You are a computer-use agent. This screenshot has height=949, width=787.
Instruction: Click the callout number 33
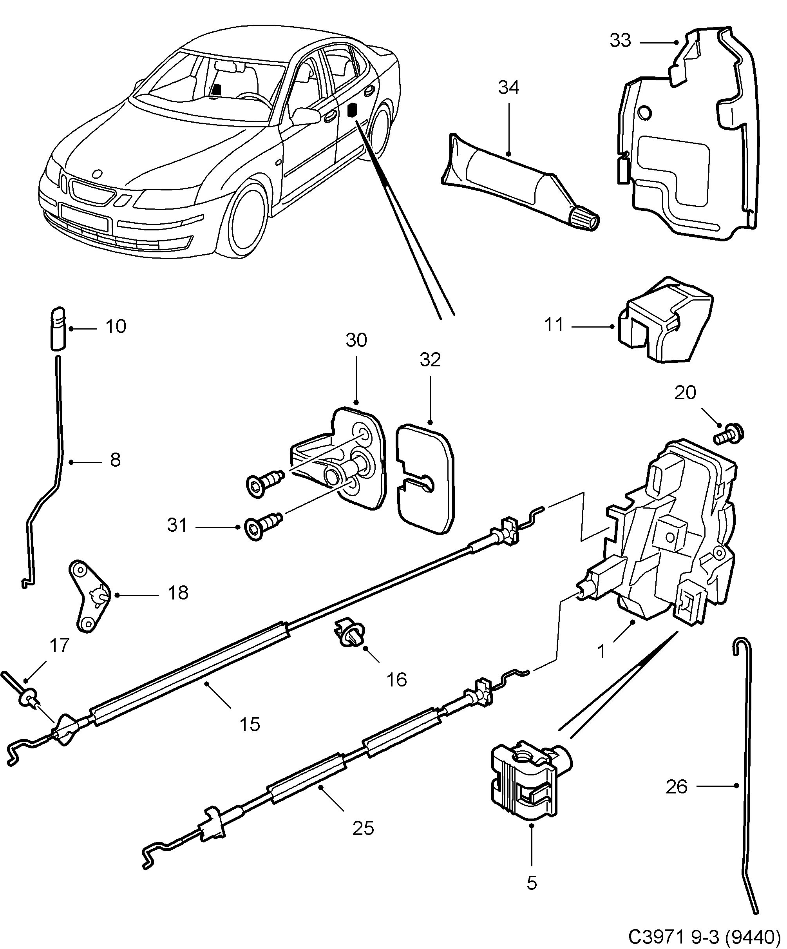coord(620,41)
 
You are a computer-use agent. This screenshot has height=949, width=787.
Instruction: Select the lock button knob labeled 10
coord(57,328)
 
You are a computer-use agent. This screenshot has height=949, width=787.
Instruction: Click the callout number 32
coord(430,360)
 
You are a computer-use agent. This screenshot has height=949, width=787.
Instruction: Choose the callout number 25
coord(363,828)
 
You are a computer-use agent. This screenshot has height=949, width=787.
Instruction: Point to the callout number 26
coord(676,787)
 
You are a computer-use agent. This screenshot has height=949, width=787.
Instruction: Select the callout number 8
coord(115,460)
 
